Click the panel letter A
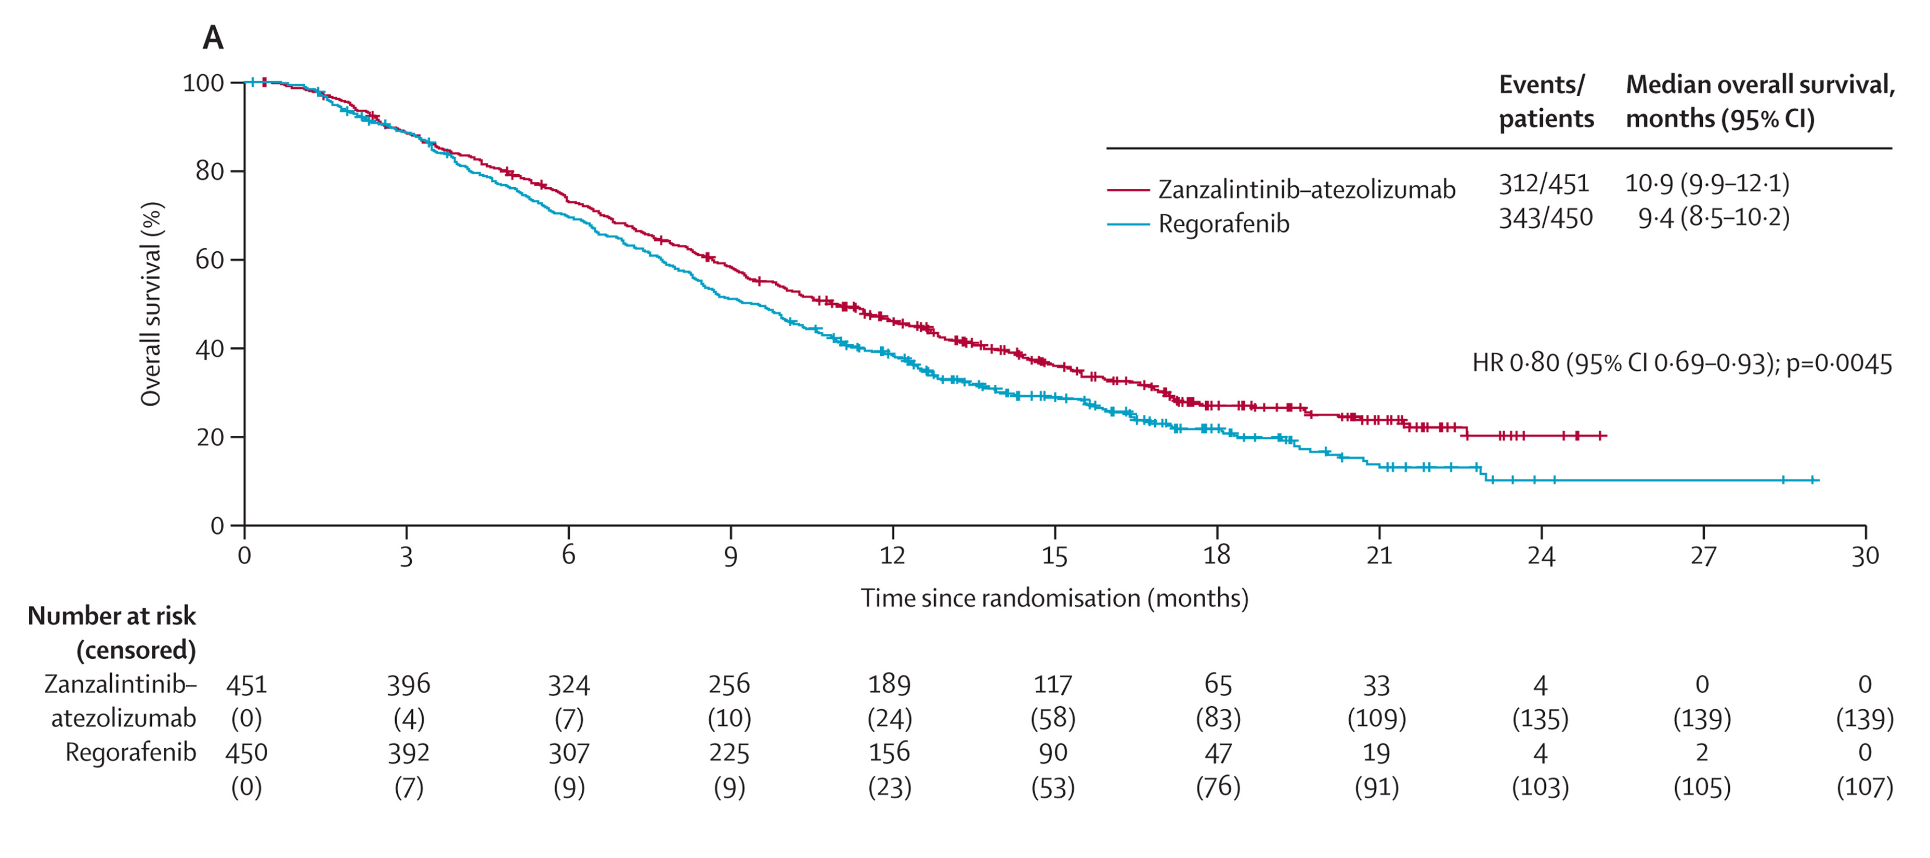pyautogui.click(x=213, y=38)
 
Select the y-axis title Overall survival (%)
pyautogui.click(x=151, y=304)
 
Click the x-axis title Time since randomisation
pyautogui.click(x=1054, y=598)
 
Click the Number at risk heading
pyautogui.click(x=112, y=617)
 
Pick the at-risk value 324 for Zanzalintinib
pyautogui.click(x=569, y=685)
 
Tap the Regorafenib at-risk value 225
pyautogui.click(x=729, y=752)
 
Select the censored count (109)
pyautogui.click(x=1376, y=719)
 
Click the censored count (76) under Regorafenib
pyautogui.click(x=1218, y=787)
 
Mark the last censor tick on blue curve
pyautogui.click(x=1812, y=479)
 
